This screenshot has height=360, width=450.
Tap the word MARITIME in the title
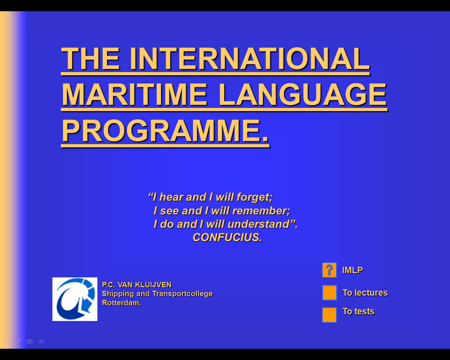(135, 94)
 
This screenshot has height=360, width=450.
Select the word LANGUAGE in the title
(303, 94)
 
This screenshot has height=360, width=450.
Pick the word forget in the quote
(255, 197)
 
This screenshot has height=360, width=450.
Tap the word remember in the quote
(261, 211)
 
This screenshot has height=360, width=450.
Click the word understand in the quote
(258, 224)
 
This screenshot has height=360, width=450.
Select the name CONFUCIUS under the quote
(227, 237)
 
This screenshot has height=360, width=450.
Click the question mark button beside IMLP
(329, 270)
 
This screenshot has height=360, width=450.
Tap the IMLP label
(352, 270)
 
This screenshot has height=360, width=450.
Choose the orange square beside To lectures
(329, 292)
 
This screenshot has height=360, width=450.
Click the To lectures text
(365, 292)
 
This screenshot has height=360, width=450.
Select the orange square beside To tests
(329, 315)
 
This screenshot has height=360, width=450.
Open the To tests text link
(358, 311)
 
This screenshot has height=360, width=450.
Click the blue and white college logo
(75, 299)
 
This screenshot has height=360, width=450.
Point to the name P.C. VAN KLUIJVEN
(137, 285)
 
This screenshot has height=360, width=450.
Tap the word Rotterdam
(122, 303)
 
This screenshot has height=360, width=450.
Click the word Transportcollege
(182, 294)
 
